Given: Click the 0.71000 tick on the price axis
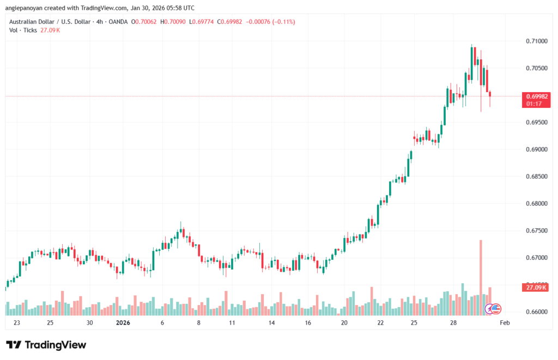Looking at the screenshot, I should (x=537, y=41).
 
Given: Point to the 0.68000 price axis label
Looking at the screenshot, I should (x=537, y=204).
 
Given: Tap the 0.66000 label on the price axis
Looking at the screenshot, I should (x=537, y=312).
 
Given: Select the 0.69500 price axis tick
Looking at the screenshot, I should (x=537, y=123).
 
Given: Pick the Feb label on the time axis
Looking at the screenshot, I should (x=505, y=323).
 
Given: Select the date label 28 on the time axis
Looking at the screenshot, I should (x=453, y=323).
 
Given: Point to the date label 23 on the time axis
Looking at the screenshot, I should (x=17, y=323).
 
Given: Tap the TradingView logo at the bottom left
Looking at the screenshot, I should (x=46, y=345).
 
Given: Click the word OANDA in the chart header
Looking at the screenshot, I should (x=118, y=22).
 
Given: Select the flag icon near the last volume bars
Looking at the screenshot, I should (x=495, y=309).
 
